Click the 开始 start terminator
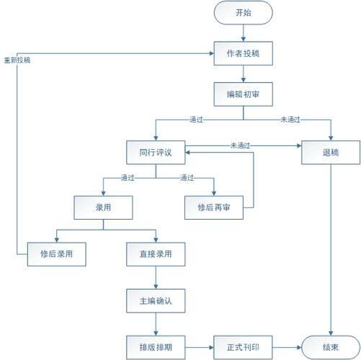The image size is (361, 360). click(244, 12)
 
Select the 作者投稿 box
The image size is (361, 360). click(244, 53)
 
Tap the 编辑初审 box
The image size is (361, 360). click(244, 94)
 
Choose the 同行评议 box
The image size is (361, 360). click(156, 153)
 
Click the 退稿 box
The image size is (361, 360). click(331, 153)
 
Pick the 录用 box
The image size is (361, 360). click(103, 207)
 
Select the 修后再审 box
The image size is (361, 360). click(214, 207)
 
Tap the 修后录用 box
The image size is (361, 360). click(57, 254)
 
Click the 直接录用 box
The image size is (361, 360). click(156, 254)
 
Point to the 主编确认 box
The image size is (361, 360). click(156, 301)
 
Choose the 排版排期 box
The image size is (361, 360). click(156, 347)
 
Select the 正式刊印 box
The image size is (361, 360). click(243, 347)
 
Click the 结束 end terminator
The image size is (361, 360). click(331, 347)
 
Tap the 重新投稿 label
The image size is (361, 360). click(17, 60)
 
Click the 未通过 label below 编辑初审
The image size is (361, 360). click(290, 120)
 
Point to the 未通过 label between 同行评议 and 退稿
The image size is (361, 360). click(240, 145)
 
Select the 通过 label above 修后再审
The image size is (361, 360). click(187, 178)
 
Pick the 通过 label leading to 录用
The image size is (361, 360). click(128, 178)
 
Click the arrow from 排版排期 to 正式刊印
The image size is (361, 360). click(200, 347)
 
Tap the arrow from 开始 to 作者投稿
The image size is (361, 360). click(244, 33)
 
